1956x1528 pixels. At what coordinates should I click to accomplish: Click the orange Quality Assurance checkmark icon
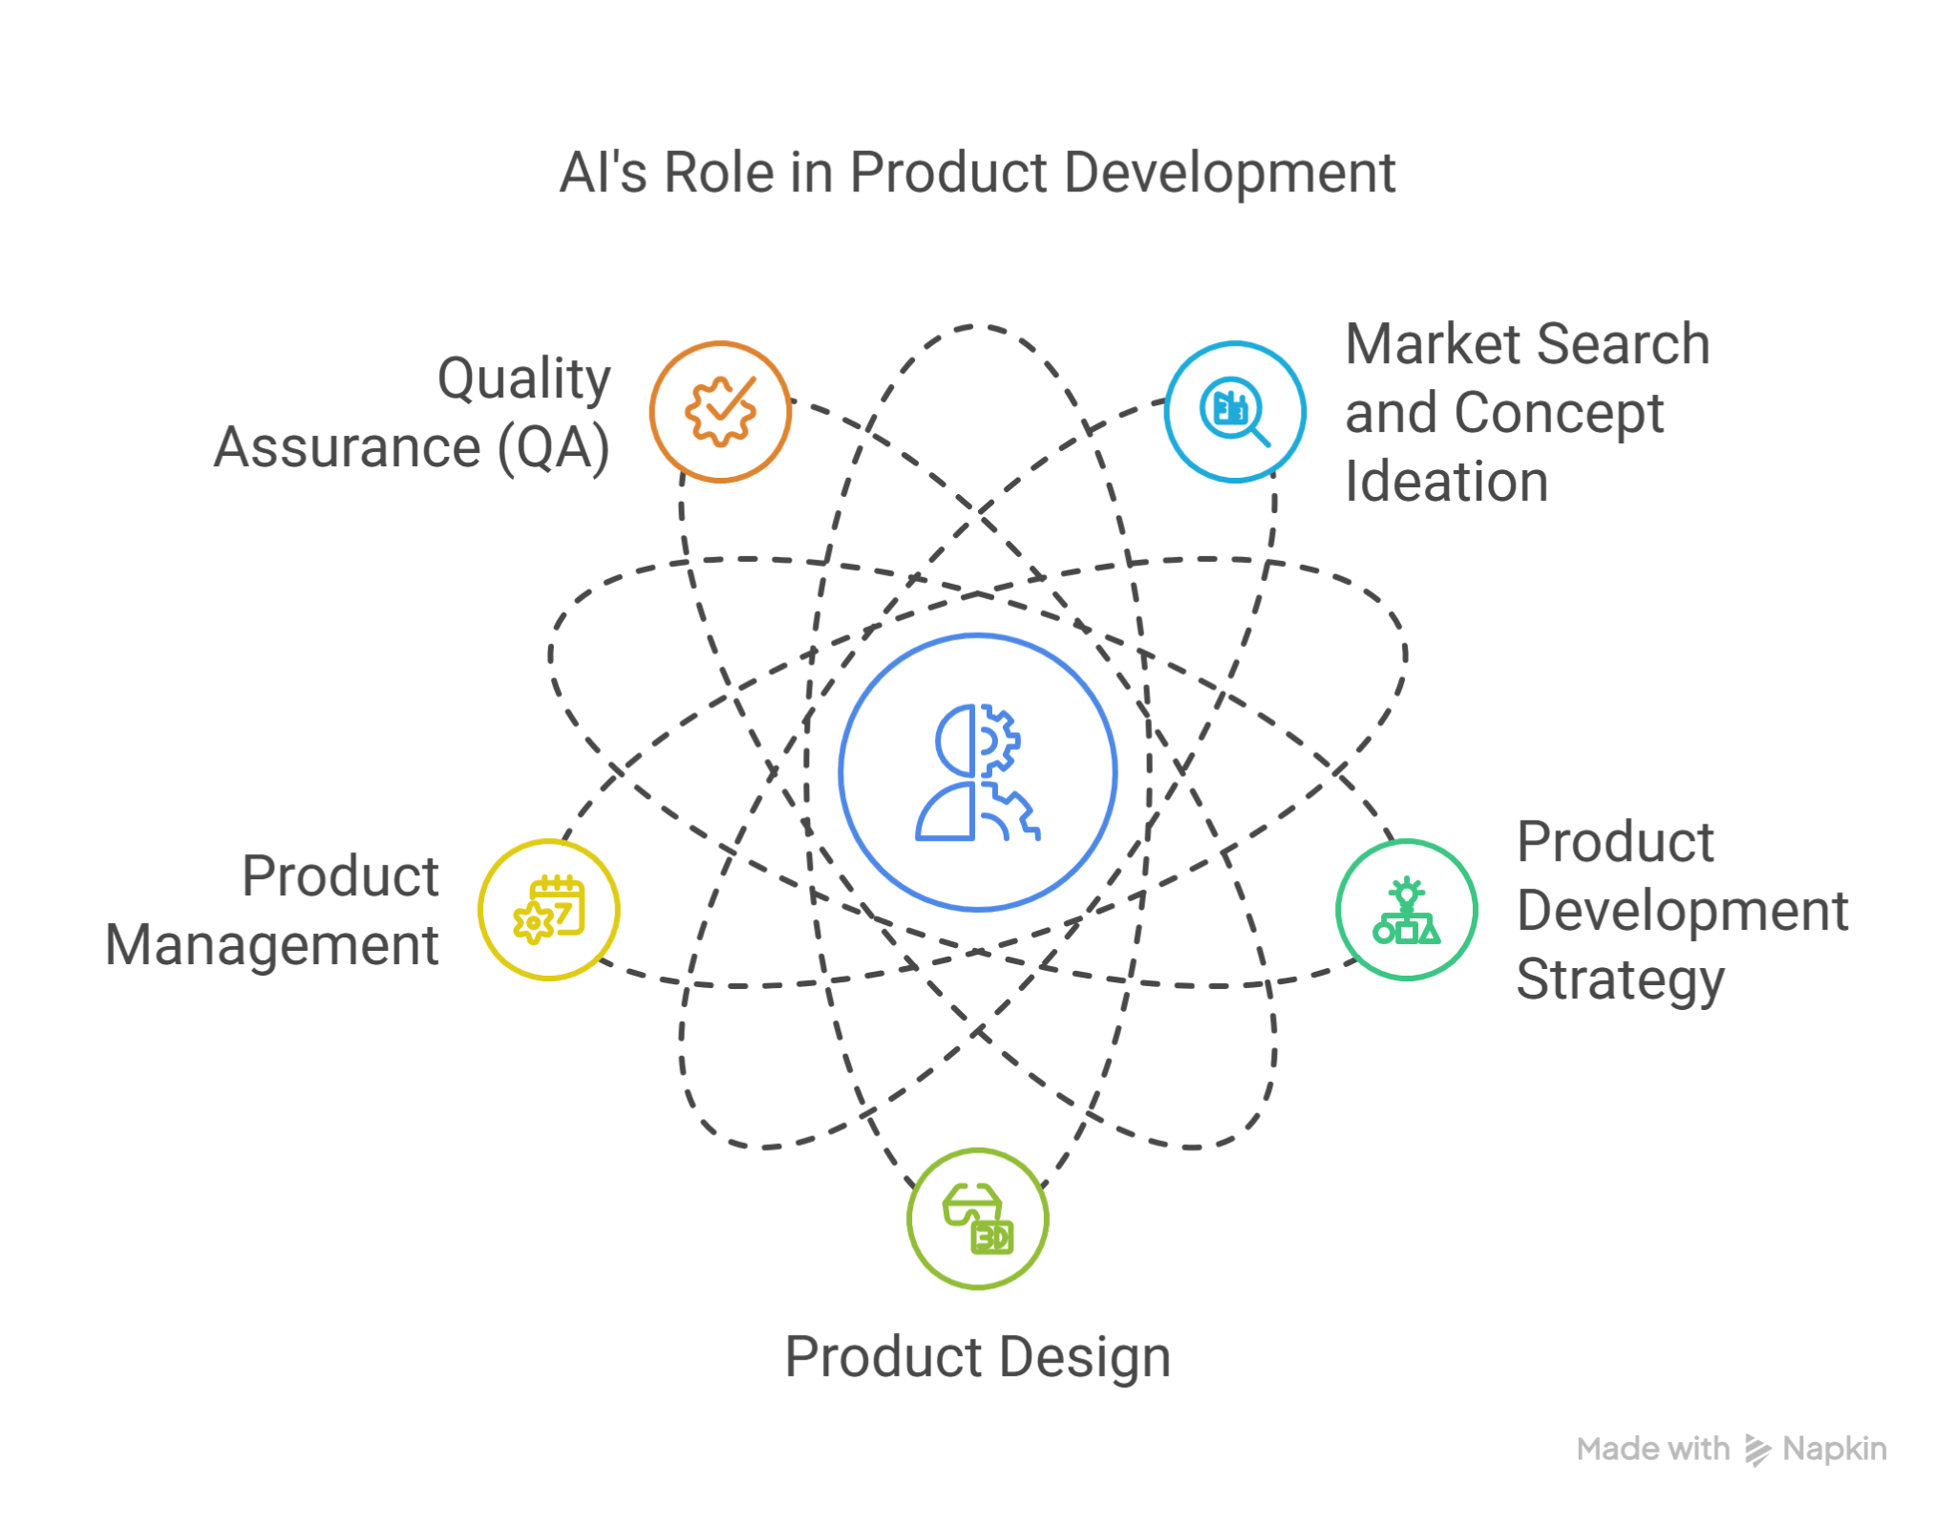[x=720, y=411]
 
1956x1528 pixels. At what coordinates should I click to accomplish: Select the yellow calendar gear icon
[x=549, y=910]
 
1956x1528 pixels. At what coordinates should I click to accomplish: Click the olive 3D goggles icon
[x=978, y=1218]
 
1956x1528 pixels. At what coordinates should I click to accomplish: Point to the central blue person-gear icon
[x=978, y=772]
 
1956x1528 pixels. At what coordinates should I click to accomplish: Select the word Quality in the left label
[x=523, y=379]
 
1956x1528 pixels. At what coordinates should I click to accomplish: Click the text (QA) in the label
[x=553, y=448]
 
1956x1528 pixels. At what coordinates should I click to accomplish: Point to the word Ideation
[x=1446, y=481]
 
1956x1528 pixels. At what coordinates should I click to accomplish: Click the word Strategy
[x=1621, y=980]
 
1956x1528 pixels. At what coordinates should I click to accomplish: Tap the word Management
[x=272, y=946]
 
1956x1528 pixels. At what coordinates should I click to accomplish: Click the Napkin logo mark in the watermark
[x=1757, y=1450]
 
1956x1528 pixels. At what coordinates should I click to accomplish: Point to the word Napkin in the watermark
[x=1835, y=1450]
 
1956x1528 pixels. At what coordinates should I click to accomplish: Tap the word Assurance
[x=347, y=448]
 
